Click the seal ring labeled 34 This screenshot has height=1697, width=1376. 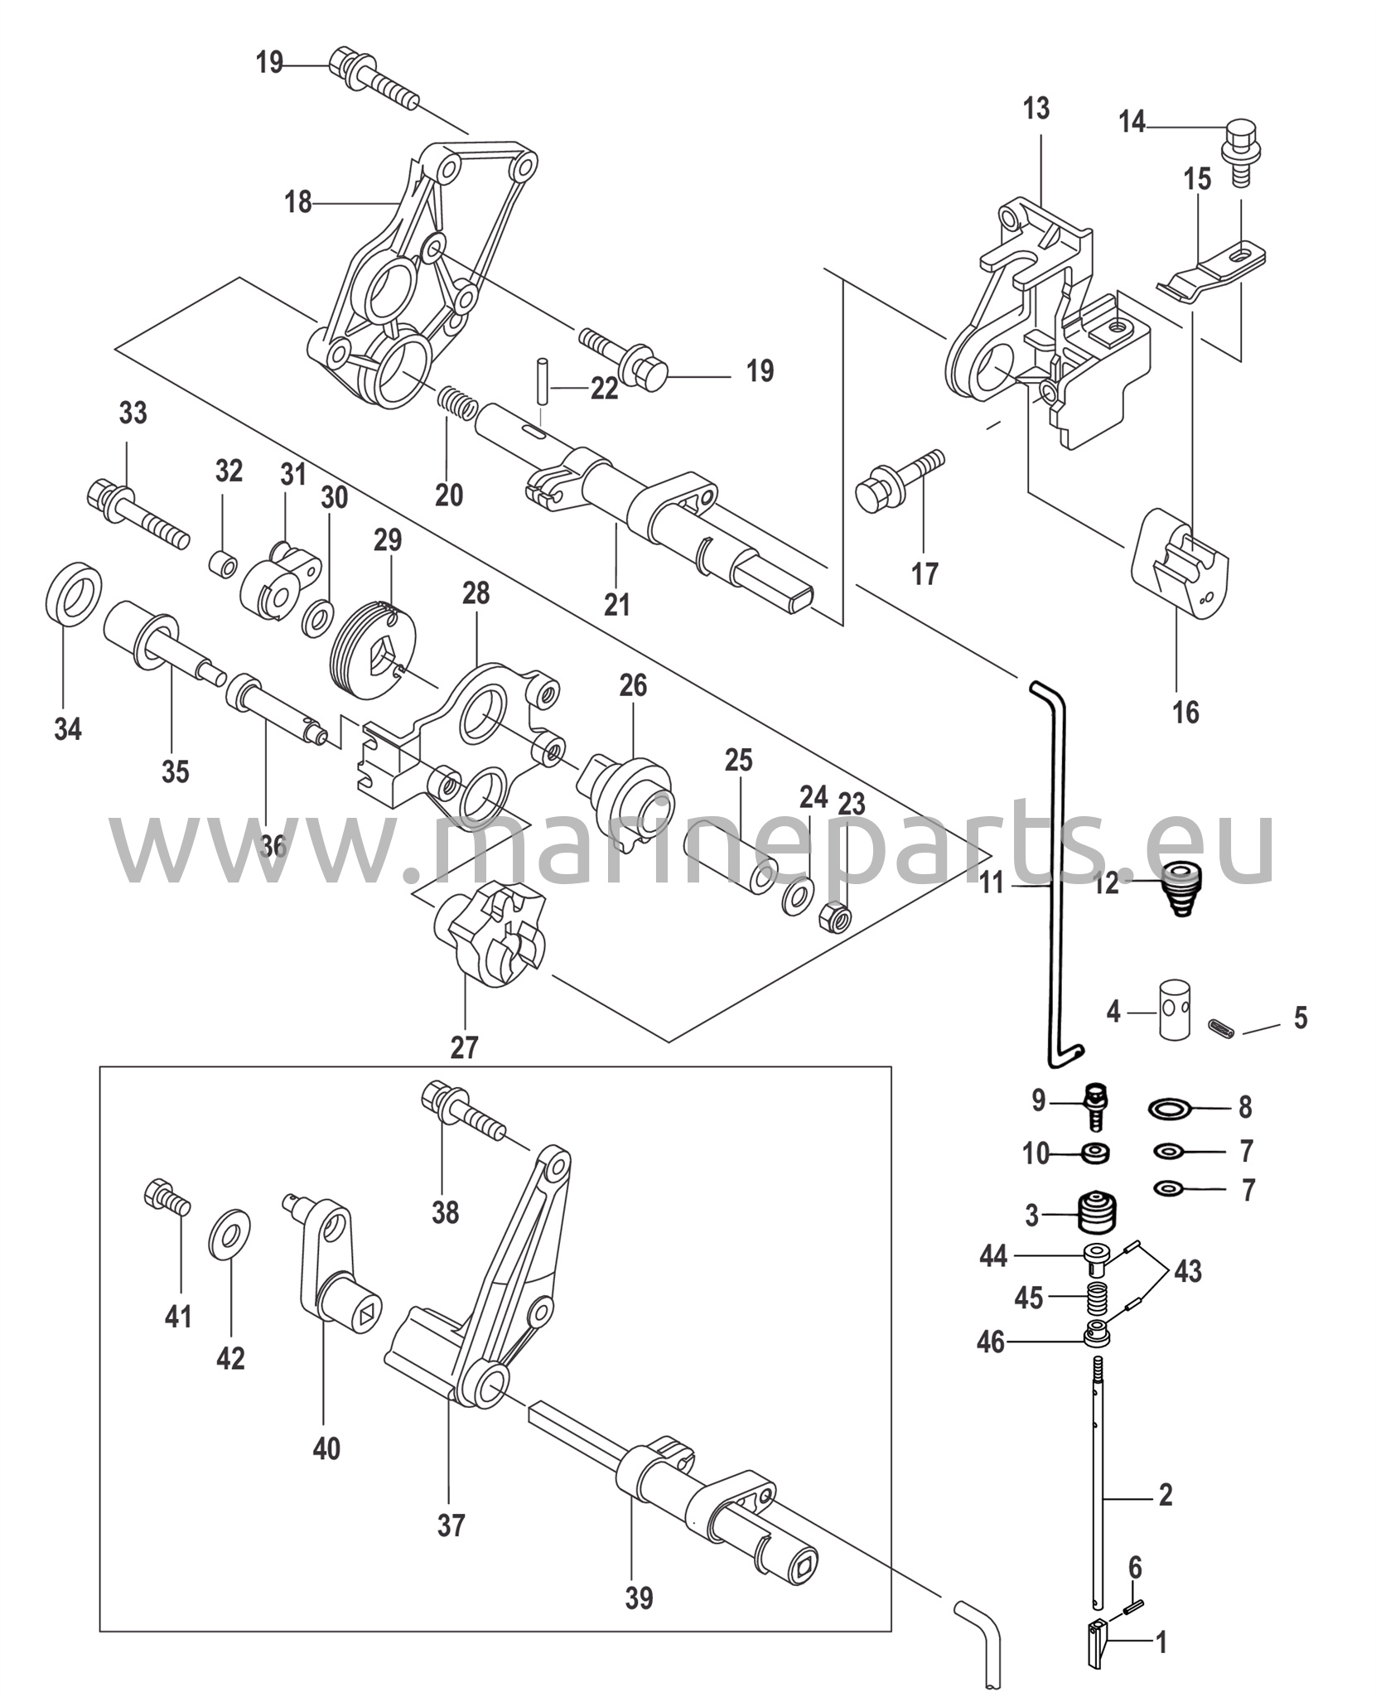click(73, 595)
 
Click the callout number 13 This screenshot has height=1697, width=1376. click(1036, 109)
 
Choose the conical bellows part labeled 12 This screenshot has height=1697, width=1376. click(1180, 889)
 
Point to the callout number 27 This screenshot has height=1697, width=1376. click(465, 1047)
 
